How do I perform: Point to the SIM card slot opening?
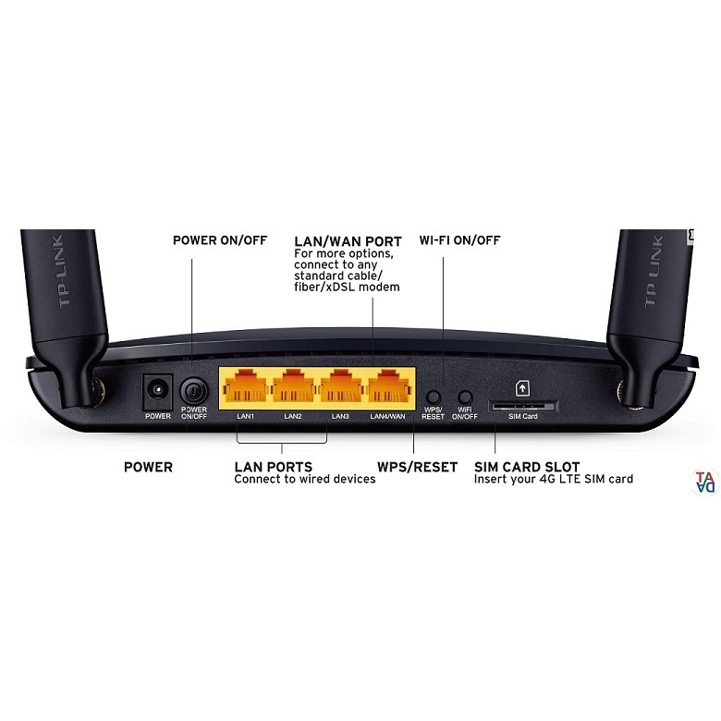522,405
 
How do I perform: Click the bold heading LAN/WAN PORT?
348,241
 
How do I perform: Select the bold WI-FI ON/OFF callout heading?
459,240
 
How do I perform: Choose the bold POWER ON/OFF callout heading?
220,240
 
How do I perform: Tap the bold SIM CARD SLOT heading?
527,467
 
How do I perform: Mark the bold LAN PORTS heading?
273,467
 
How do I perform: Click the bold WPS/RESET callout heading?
417,467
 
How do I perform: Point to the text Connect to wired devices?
304,480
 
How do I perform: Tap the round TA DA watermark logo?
705,483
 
